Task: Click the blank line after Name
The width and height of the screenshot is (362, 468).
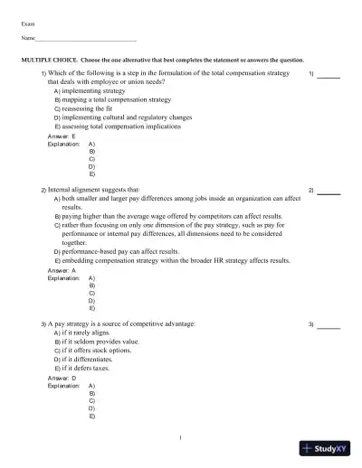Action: (x=86, y=40)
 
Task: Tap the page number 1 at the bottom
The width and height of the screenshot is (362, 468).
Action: (x=181, y=437)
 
